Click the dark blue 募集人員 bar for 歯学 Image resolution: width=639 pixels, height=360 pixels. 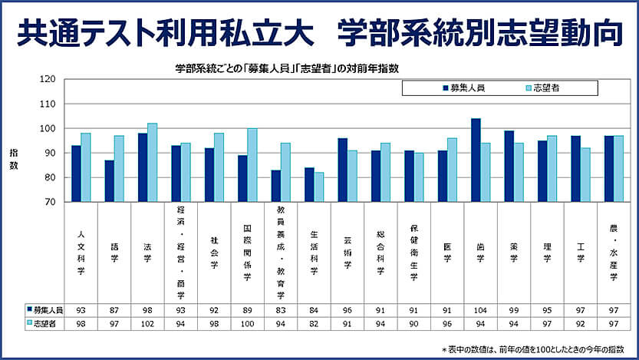[476, 160]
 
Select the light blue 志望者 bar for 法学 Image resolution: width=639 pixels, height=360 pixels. [152, 163]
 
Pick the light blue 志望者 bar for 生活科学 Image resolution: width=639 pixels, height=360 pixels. [319, 187]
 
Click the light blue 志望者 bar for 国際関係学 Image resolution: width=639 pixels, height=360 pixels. [252, 165]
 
